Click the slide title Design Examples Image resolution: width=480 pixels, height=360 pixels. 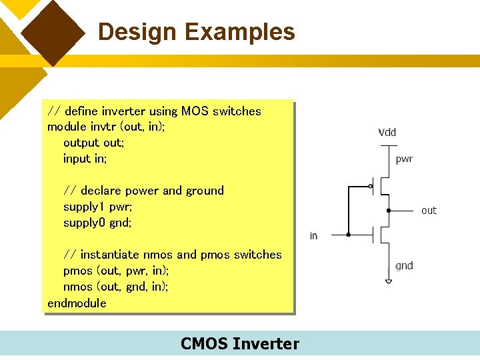[196, 32]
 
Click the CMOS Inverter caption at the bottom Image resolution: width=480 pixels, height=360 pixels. [240, 344]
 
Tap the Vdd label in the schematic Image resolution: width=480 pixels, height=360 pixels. [387, 132]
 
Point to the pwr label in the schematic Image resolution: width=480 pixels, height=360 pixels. [404, 159]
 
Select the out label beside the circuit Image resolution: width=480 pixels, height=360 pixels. [429, 211]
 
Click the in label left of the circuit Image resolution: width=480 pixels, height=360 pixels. [313, 236]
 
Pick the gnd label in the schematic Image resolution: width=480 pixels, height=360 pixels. [404, 265]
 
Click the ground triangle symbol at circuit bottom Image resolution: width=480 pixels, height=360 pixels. [389, 281]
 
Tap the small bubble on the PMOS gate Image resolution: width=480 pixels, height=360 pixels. [371, 186]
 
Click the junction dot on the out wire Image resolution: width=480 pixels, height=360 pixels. [389, 210]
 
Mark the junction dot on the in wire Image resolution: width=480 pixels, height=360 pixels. [348, 235]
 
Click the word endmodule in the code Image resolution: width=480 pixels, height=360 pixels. [77, 303]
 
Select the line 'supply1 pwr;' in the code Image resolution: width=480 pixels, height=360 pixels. [98, 207]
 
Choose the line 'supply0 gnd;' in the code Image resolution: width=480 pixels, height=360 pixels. [97, 223]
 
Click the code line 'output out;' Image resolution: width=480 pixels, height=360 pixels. [94, 143]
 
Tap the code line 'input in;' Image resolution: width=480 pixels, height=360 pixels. [85, 159]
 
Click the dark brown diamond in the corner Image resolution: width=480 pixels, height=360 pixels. [53, 31]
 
